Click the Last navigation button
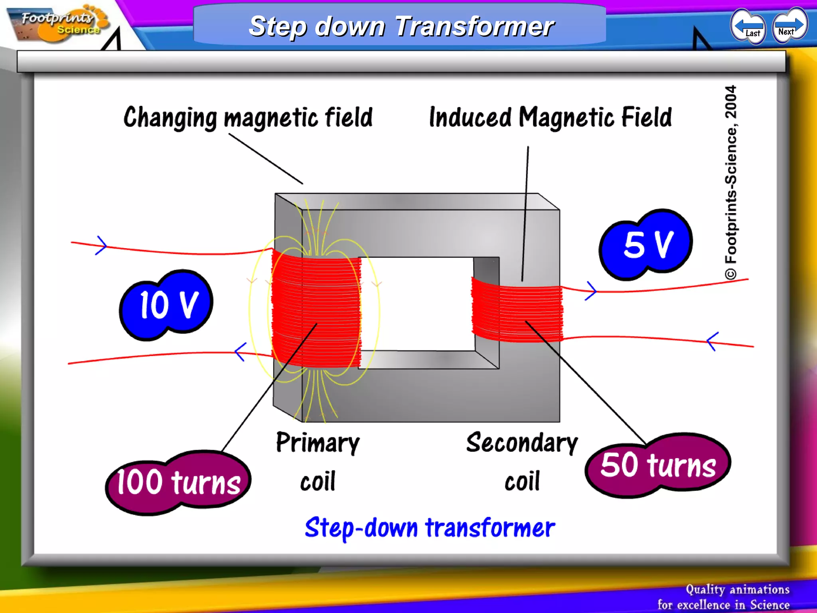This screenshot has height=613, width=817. (748, 26)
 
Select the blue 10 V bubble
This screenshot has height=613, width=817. (167, 305)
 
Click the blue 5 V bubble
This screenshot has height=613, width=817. (646, 244)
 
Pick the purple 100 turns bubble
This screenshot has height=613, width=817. (178, 482)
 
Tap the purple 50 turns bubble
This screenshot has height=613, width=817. (658, 465)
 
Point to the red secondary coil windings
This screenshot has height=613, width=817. (517, 310)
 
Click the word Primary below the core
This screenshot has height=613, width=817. (318, 443)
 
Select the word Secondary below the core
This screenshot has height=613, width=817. (522, 443)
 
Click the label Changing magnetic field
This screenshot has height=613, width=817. (248, 118)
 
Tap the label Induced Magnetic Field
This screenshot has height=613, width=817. (550, 117)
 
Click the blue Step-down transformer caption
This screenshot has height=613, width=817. (430, 528)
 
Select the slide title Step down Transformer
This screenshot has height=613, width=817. (401, 26)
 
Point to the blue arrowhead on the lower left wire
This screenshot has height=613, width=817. (240, 352)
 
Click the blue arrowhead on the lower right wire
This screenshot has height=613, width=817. (712, 341)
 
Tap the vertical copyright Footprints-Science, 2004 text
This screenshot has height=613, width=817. (731, 182)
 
